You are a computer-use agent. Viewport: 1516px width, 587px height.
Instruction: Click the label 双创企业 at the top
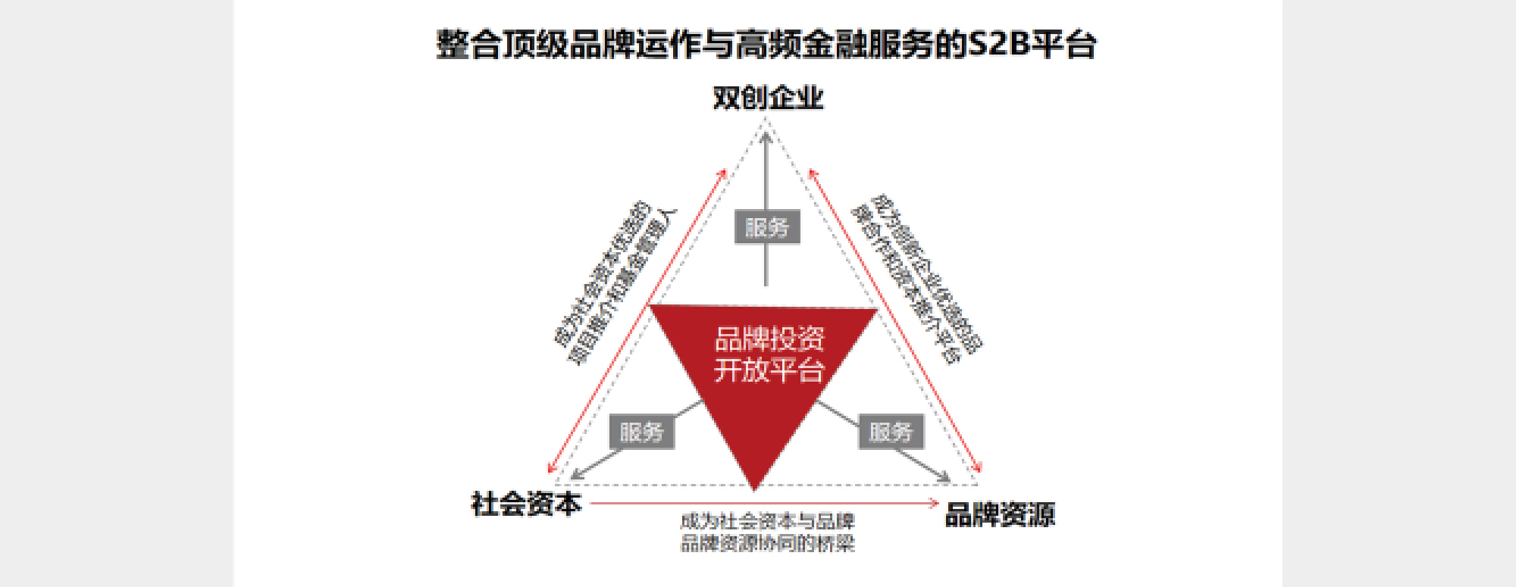coord(768,98)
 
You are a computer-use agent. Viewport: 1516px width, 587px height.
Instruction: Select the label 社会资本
coord(526,504)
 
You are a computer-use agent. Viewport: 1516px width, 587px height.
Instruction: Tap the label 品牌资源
coord(1000,515)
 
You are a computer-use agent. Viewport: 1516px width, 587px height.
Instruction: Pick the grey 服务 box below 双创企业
coord(767,227)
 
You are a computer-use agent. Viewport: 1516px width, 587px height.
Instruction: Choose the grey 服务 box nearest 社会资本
coord(641,432)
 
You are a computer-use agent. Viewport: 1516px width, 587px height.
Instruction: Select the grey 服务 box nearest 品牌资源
coord(891,432)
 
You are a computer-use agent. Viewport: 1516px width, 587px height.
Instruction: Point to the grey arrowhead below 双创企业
coord(766,138)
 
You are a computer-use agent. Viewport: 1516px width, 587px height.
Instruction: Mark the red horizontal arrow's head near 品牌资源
coord(934,503)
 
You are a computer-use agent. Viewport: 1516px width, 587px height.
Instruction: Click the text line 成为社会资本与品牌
coord(767,521)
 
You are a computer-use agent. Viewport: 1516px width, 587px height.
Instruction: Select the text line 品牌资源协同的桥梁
coord(767,543)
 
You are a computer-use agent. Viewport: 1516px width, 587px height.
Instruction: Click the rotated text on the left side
coord(614,282)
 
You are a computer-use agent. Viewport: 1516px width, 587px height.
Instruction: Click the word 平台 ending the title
coord(1064,44)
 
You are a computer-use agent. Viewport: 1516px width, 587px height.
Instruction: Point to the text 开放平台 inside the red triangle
coord(769,370)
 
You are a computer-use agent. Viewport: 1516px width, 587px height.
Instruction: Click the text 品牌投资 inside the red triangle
coord(769,339)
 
